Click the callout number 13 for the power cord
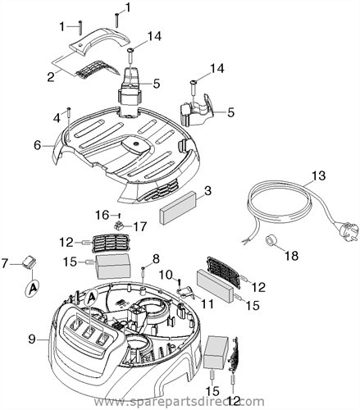[319, 175]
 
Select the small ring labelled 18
[271, 240]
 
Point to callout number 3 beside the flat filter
[207, 191]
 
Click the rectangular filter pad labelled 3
[178, 207]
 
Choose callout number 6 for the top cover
[38, 145]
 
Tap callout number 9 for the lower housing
[32, 339]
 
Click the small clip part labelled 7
[30, 263]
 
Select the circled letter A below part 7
[33, 288]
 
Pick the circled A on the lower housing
[91, 298]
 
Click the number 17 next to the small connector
[140, 226]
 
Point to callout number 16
[102, 215]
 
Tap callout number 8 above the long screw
[156, 259]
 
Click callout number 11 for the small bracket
[207, 303]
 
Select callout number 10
[166, 275]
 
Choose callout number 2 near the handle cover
[51, 77]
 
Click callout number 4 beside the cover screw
[57, 118]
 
